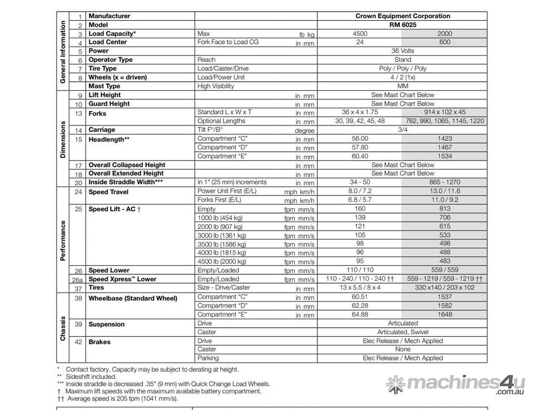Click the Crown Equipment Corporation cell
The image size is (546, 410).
point(403,16)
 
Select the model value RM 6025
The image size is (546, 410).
point(403,25)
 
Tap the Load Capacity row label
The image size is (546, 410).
point(112,34)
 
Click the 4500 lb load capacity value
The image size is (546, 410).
point(360,34)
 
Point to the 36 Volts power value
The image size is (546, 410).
point(403,51)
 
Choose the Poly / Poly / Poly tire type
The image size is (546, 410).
point(403,68)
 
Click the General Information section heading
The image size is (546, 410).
point(63,52)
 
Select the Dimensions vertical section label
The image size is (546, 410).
point(63,139)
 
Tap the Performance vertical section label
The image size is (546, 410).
point(63,240)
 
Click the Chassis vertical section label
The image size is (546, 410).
point(63,328)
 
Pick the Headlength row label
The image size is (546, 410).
point(109,139)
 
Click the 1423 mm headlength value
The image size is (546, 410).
point(445,138)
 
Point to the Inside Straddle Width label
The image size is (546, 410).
point(126,182)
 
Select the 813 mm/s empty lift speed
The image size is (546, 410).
point(445,209)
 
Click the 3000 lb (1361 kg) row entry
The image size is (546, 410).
point(222,235)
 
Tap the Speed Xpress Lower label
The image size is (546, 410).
point(123,279)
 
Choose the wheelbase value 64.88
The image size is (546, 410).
point(360,314)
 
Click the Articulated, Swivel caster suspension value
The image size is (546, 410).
point(403,332)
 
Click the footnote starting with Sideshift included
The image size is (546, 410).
point(91,376)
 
